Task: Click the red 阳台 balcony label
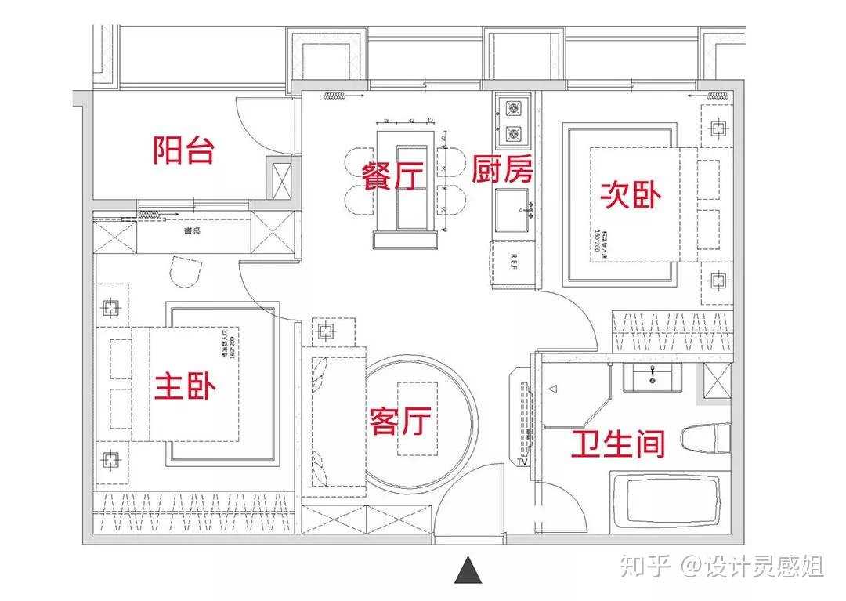(184, 149)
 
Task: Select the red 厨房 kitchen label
(502, 169)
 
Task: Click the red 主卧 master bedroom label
(186, 386)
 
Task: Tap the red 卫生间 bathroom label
(617, 444)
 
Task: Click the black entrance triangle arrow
(467, 570)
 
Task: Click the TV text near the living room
(520, 463)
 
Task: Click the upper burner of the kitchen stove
(513, 108)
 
